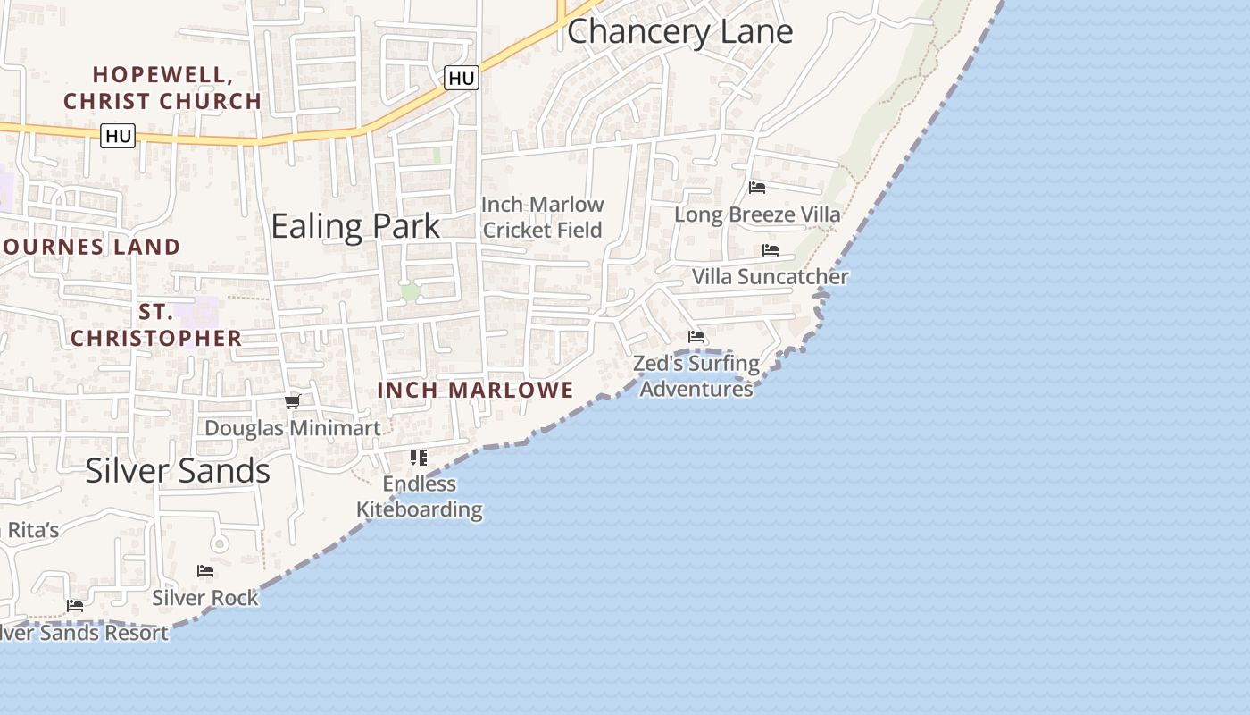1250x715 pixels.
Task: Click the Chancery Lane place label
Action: click(x=679, y=32)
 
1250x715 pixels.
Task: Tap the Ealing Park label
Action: click(x=355, y=226)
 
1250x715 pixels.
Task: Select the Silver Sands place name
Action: click(x=178, y=471)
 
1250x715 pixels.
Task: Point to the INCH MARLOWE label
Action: click(x=475, y=390)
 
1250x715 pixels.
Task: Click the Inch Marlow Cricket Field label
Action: click(x=543, y=217)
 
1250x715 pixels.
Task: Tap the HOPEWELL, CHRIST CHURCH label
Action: click(x=162, y=88)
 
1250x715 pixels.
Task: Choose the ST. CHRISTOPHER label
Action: click(x=156, y=325)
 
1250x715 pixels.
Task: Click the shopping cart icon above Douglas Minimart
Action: click(x=292, y=401)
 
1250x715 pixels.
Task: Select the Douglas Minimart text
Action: click(x=293, y=428)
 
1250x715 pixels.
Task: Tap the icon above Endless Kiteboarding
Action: click(x=419, y=458)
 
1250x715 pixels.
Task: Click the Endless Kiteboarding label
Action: click(x=420, y=497)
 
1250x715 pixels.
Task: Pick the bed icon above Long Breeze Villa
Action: click(x=757, y=188)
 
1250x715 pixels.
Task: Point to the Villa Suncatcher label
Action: click(x=770, y=277)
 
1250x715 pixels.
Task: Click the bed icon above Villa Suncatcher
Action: click(x=771, y=250)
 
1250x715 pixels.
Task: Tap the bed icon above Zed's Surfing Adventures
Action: click(x=696, y=337)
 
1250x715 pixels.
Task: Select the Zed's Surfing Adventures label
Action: click(x=696, y=376)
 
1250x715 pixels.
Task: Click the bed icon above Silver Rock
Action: click(x=205, y=571)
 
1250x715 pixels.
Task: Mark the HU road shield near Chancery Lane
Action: click(x=462, y=79)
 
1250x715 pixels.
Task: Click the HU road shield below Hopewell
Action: click(x=118, y=136)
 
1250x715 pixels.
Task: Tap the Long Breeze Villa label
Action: click(x=757, y=214)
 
